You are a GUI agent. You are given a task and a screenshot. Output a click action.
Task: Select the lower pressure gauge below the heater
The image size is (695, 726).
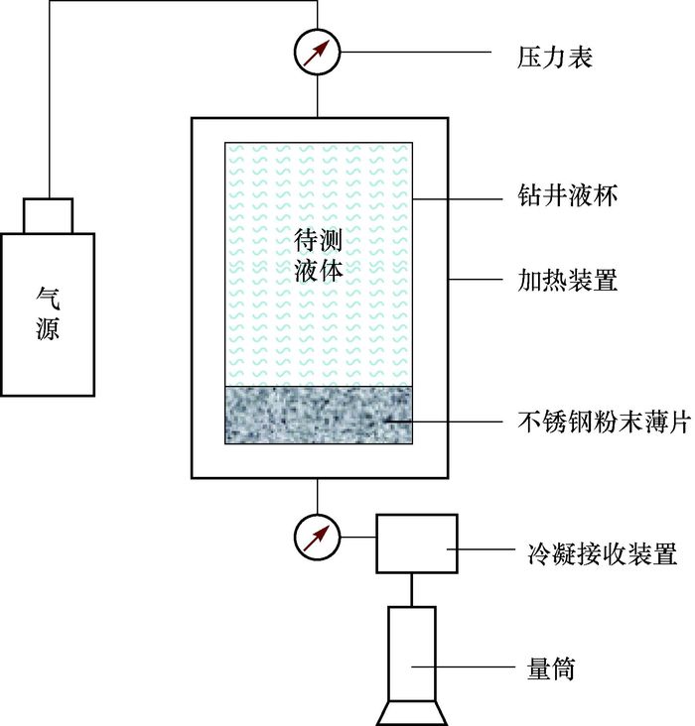(x=318, y=536)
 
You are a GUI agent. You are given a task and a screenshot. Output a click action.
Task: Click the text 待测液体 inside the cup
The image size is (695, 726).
(x=319, y=255)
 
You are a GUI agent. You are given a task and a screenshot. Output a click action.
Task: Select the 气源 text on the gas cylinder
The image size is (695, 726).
(x=48, y=311)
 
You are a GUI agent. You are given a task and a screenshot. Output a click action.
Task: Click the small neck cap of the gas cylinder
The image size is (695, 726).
(x=48, y=215)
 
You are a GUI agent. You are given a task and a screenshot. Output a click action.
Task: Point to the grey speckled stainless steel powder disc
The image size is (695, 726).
(x=319, y=415)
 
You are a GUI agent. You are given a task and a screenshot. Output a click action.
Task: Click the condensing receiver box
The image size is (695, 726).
(x=416, y=544)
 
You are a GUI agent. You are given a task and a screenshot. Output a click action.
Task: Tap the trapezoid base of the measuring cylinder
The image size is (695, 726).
(x=410, y=712)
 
